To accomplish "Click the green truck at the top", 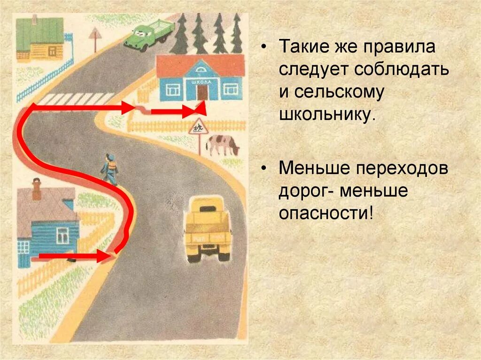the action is click(x=147, y=35).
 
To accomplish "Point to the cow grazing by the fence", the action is click(x=222, y=145).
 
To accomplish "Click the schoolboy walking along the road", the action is click(x=109, y=169).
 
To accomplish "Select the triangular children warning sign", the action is click(x=198, y=127).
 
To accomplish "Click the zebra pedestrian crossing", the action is click(x=75, y=99).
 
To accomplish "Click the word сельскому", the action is click(x=340, y=92).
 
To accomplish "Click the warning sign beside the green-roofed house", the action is click(x=96, y=34).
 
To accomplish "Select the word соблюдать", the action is click(x=402, y=69).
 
